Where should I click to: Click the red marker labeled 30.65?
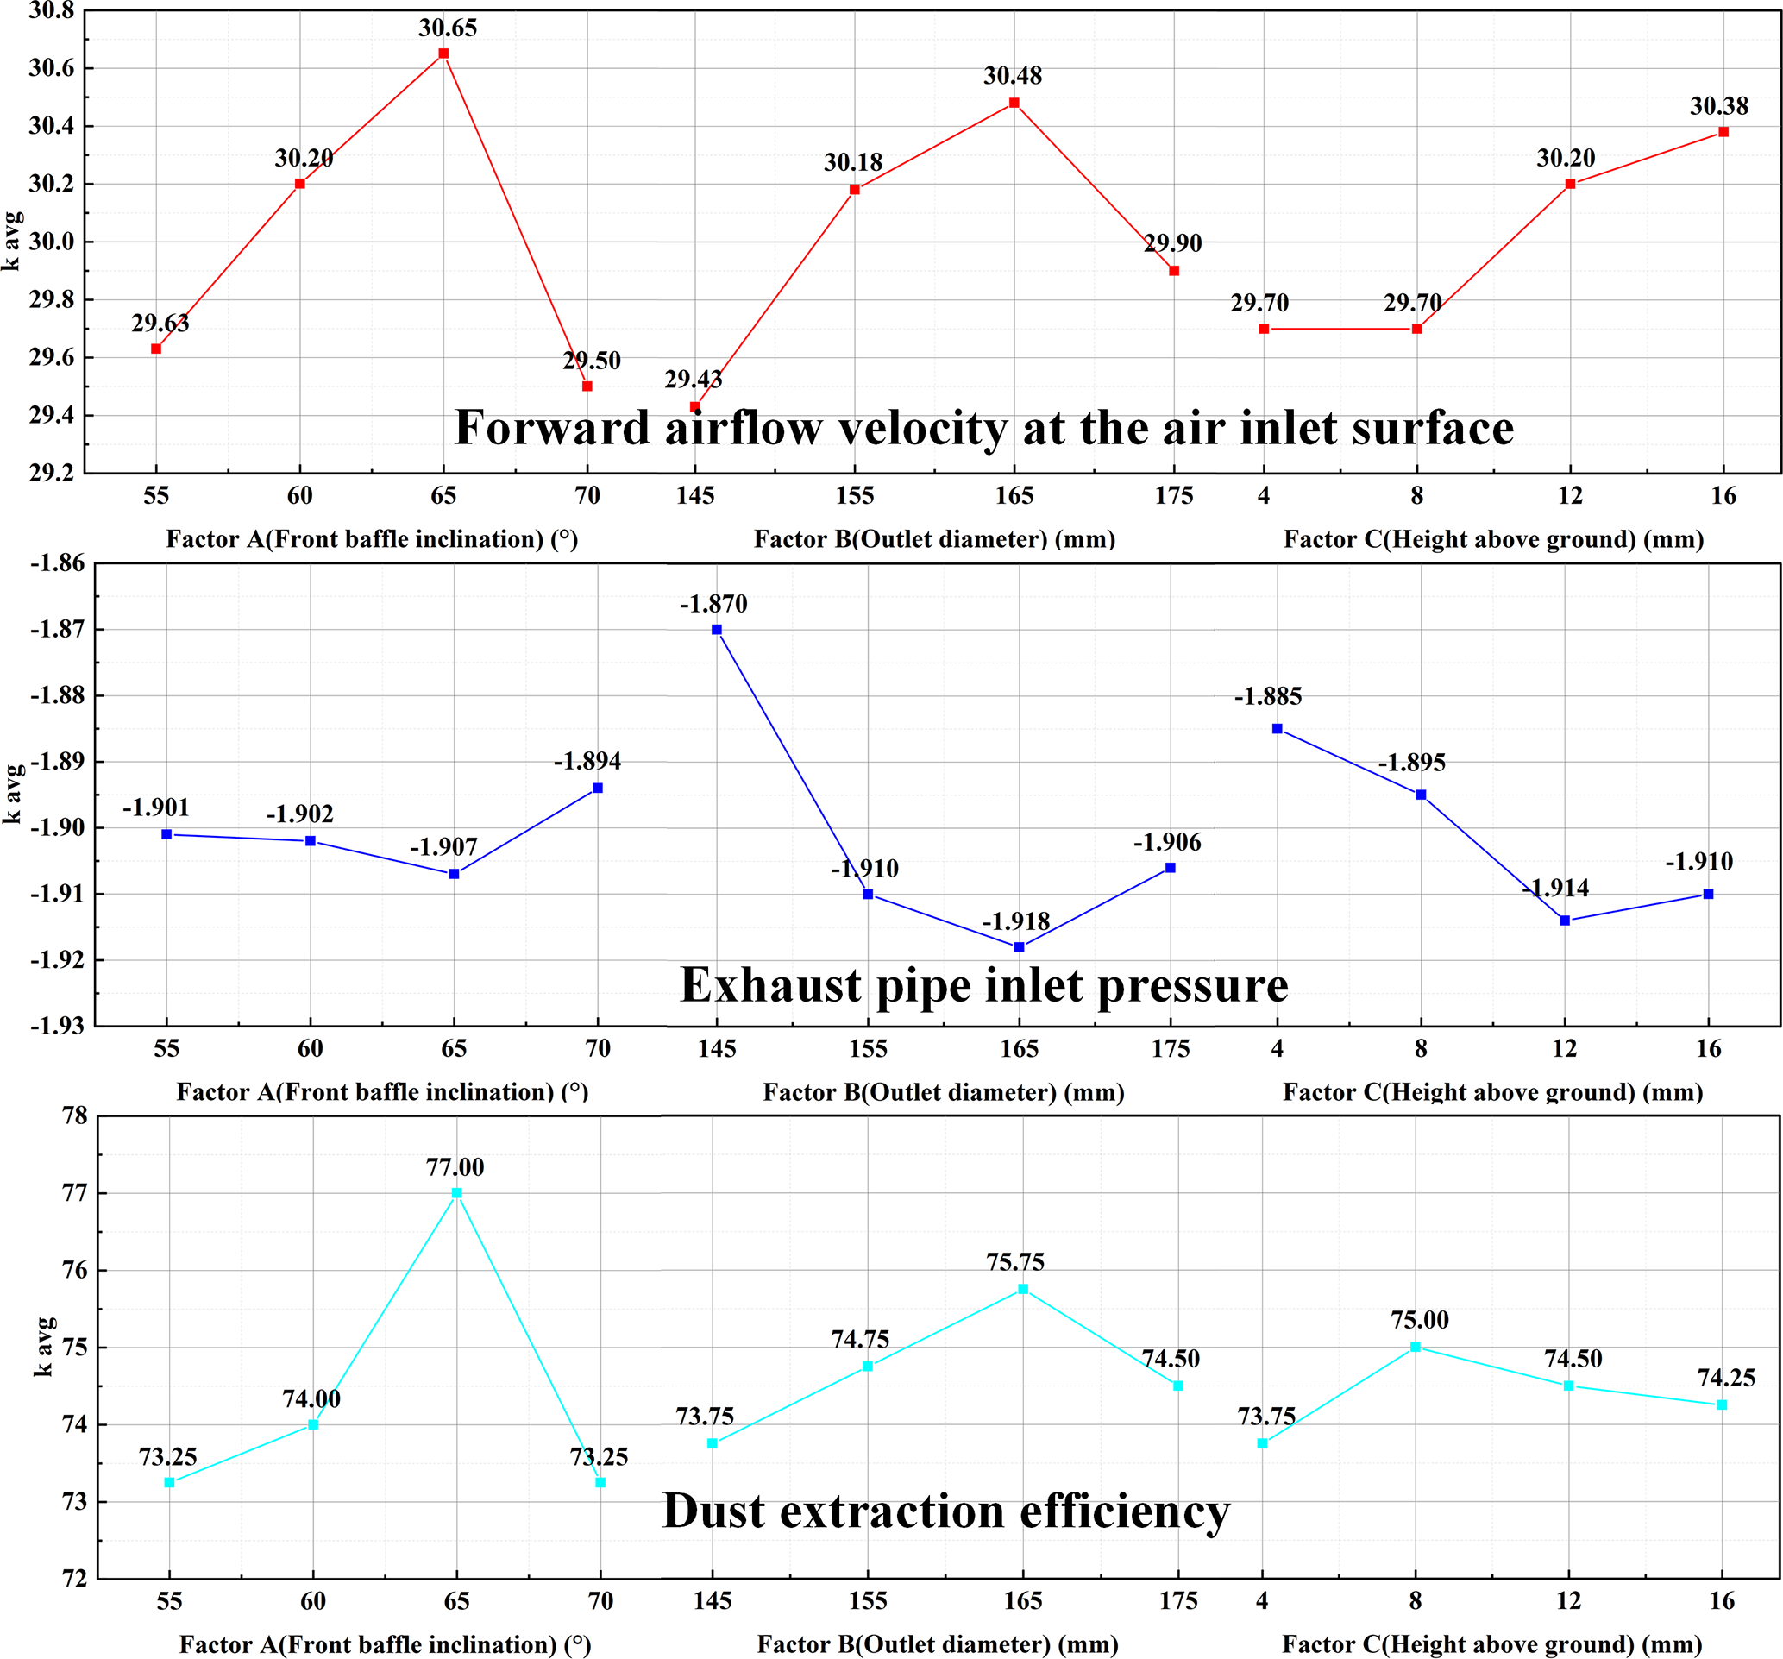(443, 53)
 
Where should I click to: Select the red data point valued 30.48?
(1014, 104)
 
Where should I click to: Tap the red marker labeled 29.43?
(695, 407)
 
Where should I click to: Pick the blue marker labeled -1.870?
(717, 630)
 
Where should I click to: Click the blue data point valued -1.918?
(1019, 948)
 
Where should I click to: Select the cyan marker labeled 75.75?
(1023, 1290)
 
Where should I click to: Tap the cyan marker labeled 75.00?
(1416, 1347)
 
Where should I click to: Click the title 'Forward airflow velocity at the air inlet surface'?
(984, 428)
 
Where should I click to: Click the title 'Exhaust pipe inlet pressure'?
(984, 985)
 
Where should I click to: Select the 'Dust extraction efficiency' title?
(946, 1511)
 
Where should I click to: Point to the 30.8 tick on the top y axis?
(51, 10)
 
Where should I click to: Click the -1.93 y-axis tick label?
(58, 1026)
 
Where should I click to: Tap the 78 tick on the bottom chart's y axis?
(75, 1116)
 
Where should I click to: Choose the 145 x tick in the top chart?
(695, 496)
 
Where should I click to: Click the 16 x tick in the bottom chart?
(1722, 1601)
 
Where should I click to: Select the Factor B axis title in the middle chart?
(944, 1092)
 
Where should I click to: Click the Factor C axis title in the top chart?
(1493, 540)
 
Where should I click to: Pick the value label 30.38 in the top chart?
(1719, 107)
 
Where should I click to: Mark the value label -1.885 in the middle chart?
(1268, 697)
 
